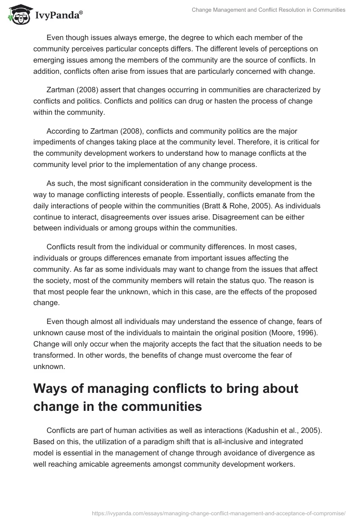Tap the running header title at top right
pyautogui.click(x=268, y=10)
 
